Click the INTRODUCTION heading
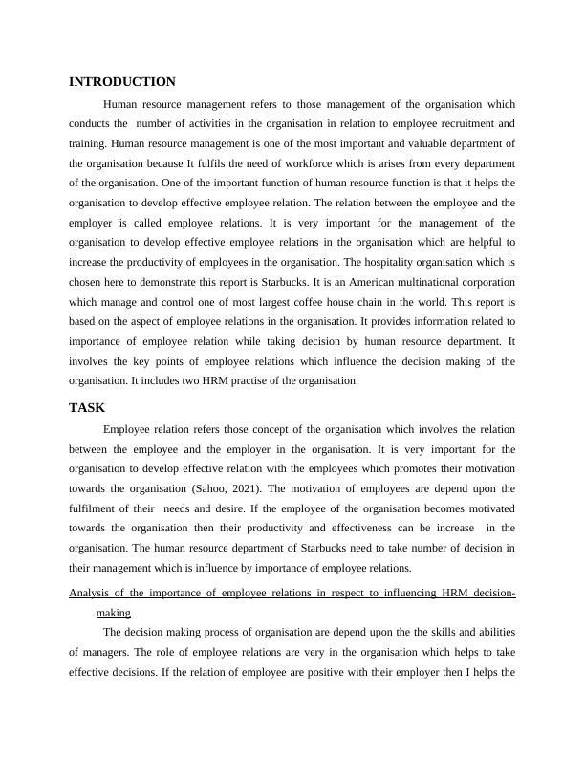122,82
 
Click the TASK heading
86,407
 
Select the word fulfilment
98,508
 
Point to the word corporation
482,282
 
